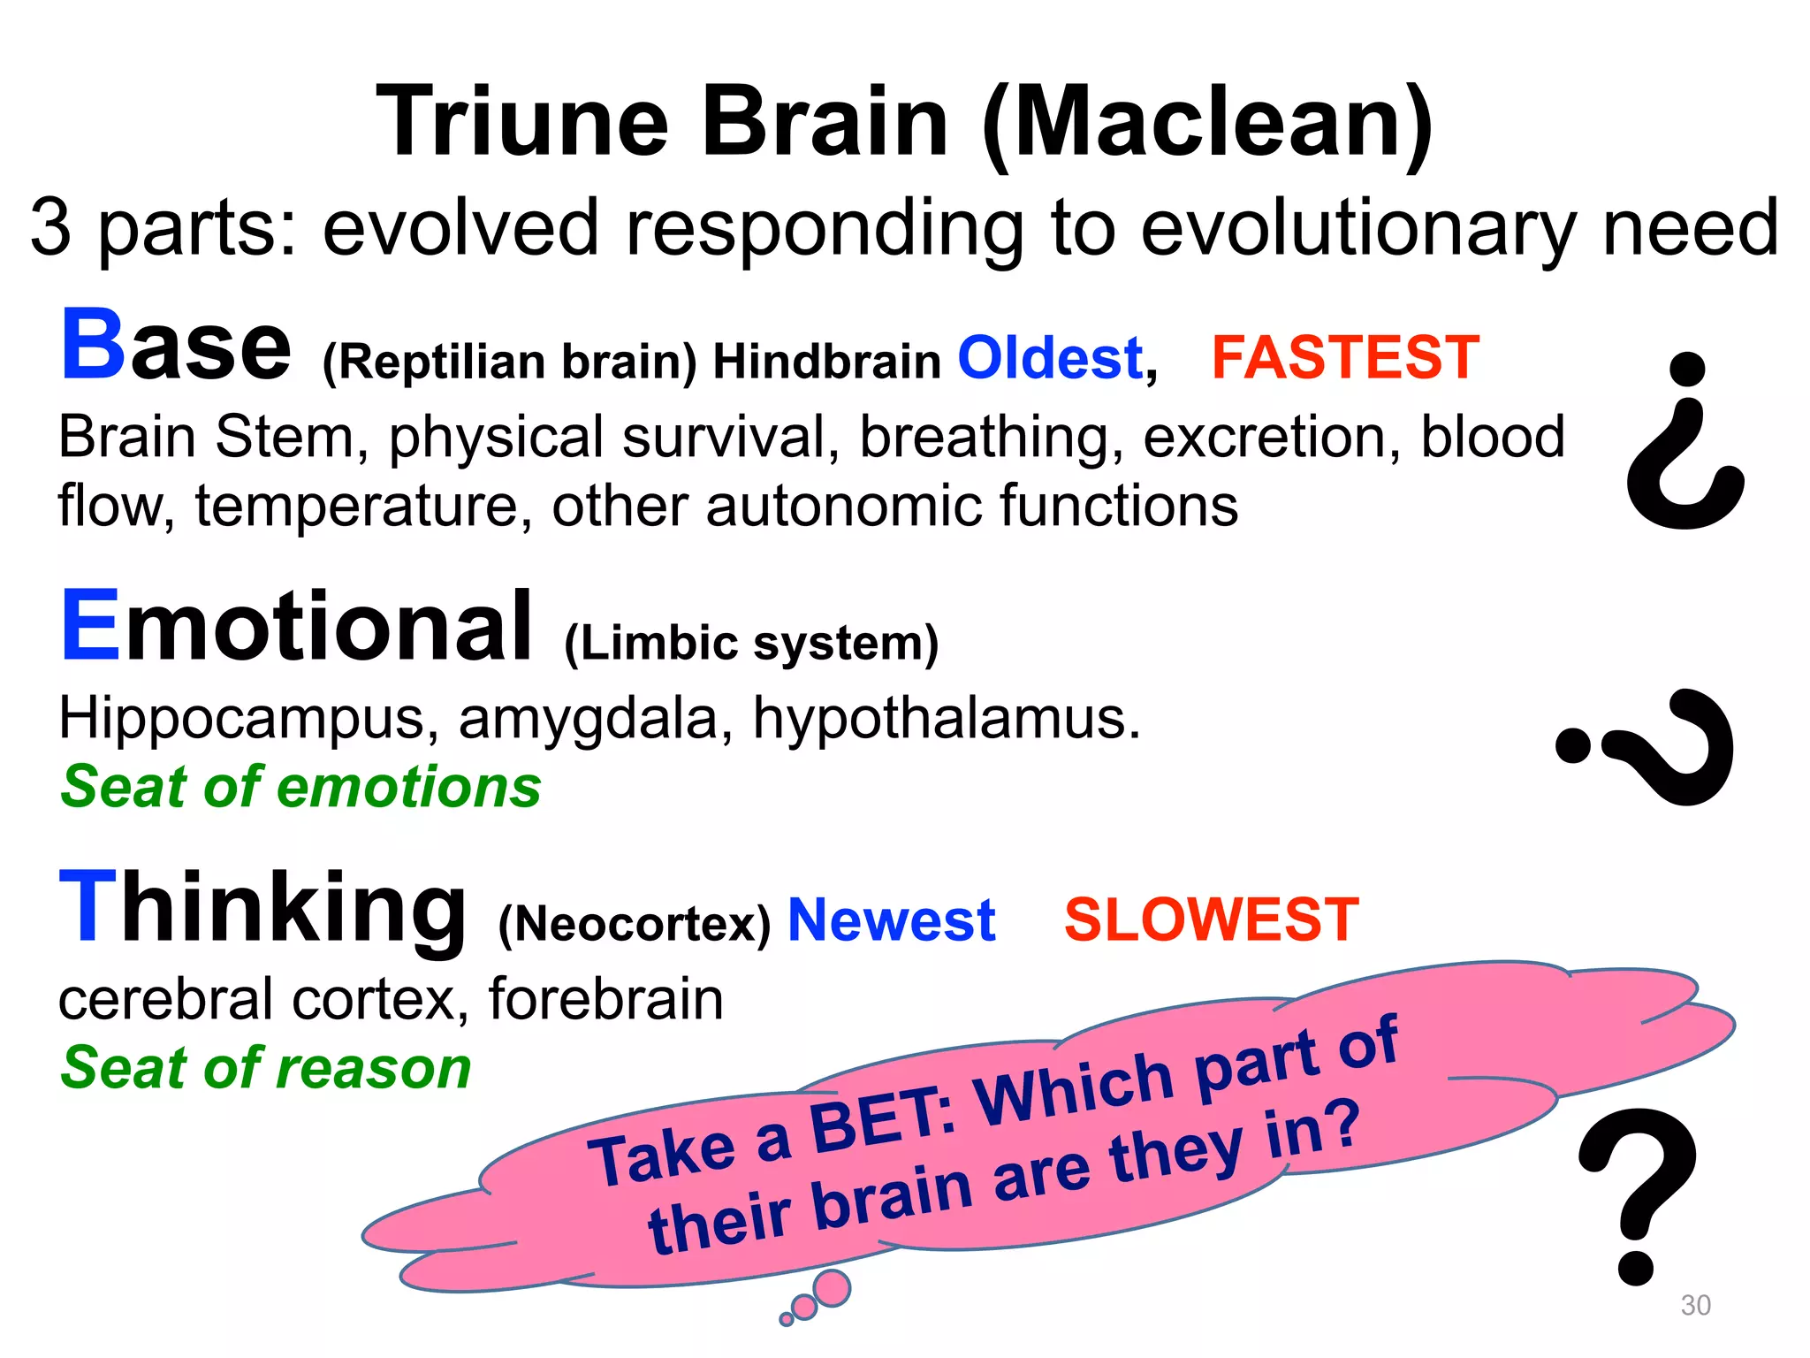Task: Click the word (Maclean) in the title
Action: pyautogui.click(x=1207, y=124)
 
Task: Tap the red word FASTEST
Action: pyautogui.click(x=1344, y=357)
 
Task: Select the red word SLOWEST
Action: pyautogui.click(x=1211, y=919)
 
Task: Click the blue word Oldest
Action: pyautogui.click(x=1050, y=358)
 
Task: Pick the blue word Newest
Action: pyautogui.click(x=891, y=920)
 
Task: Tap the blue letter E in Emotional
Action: pyautogui.click(x=90, y=625)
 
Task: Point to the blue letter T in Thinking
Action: pyautogui.click(x=87, y=907)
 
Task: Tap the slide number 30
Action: pyautogui.click(x=1695, y=1305)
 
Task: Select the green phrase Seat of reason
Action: pyautogui.click(x=265, y=1068)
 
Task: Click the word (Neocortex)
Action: pyautogui.click(x=635, y=925)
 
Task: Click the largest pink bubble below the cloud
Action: pyautogui.click(x=831, y=1288)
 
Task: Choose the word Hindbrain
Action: pyautogui.click(x=826, y=362)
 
